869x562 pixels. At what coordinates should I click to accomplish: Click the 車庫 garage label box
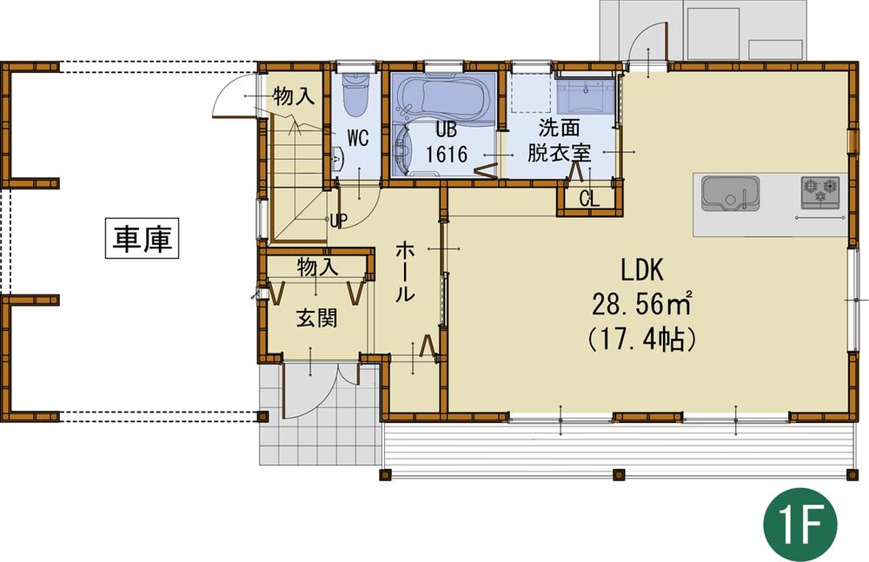coord(142,239)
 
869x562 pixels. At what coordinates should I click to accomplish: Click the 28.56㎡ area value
coord(641,304)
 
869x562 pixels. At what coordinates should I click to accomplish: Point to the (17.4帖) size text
coord(641,339)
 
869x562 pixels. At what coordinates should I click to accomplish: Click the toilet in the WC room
coord(354,96)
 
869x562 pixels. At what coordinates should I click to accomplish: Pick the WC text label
coord(360,137)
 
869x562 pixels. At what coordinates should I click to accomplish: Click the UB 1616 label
coord(446,142)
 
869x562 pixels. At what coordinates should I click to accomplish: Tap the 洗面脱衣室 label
coord(560,142)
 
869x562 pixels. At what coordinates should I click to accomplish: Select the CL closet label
coord(588,198)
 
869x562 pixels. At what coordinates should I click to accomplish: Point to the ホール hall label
coord(405,272)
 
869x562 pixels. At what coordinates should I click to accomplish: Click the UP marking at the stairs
coord(337,219)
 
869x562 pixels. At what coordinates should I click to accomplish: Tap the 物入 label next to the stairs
coord(293,96)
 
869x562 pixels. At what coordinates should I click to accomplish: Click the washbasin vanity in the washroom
coord(585,92)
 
